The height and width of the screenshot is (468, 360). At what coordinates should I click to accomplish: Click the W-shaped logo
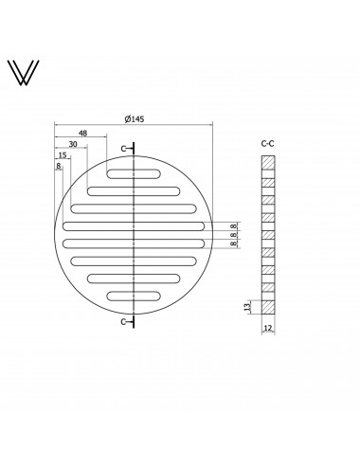[24, 73]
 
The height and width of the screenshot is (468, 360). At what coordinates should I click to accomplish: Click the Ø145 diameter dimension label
[135, 119]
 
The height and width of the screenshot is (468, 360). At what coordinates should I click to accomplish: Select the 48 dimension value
[82, 134]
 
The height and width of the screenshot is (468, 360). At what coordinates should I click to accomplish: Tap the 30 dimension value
[73, 144]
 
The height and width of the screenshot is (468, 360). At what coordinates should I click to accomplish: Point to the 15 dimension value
[63, 155]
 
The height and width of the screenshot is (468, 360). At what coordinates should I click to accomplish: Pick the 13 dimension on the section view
[248, 306]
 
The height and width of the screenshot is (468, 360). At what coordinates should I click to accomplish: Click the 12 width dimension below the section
[267, 328]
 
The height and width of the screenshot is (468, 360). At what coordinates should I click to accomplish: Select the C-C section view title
[267, 144]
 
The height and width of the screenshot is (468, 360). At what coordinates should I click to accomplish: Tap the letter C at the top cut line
[124, 149]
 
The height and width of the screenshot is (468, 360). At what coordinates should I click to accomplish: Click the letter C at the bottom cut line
[124, 322]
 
